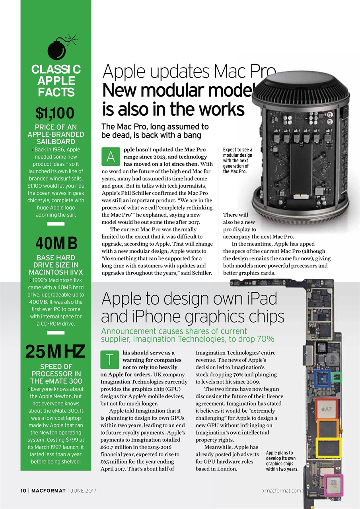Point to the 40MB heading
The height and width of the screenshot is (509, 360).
pyautogui.click(x=56, y=243)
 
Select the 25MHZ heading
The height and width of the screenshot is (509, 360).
pyautogui.click(x=55, y=352)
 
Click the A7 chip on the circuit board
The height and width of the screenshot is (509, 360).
pyautogui.click(x=326, y=409)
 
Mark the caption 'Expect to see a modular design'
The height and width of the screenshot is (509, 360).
pyautogui.click(x=238, y=161)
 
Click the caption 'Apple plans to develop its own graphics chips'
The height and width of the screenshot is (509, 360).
pyautogui.click(x=282, y=460)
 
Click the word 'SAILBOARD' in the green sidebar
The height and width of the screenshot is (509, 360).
pyautogui.click(x=56, y=142)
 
